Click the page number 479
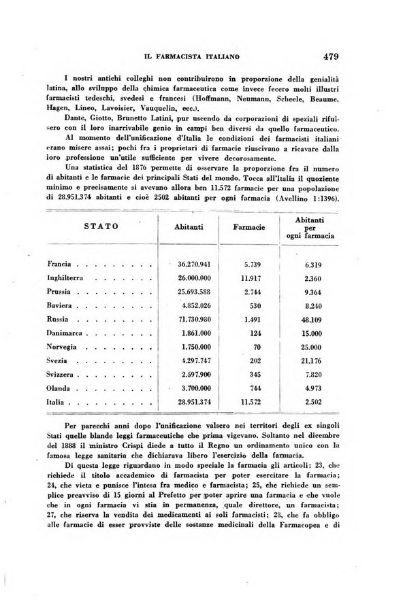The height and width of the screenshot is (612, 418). [x=336, y=56]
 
